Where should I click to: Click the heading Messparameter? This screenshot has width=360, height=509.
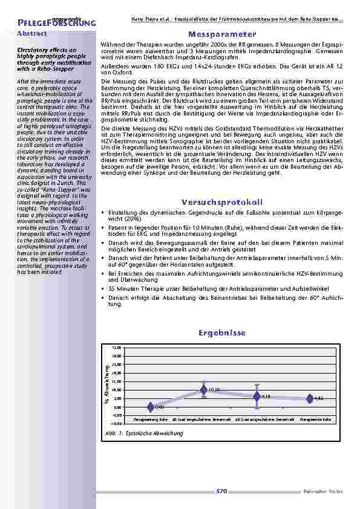click(222, 34)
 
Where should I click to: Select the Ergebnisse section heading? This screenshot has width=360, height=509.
click(221, 333)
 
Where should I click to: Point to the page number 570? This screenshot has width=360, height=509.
click(221, 491)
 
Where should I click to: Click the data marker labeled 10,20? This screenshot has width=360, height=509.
click(205, 391)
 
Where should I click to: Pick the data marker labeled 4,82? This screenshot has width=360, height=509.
click(310, 398)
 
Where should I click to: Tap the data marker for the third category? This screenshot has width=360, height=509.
click(257, 396)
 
